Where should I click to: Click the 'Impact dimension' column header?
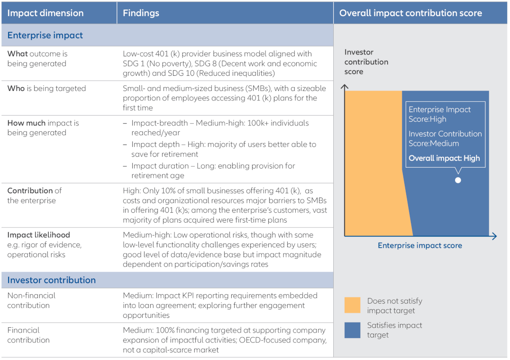click(x=46, y=13)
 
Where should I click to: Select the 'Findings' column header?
click(x=141, y=13)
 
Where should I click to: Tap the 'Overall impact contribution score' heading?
click(x=410, y=13)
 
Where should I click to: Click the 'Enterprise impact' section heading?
click(x=45, y=36)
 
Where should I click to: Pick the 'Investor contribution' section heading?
click(x=51, y=280)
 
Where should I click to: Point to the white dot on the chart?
click(x=458, y=180)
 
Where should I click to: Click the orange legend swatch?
click(x=352, y=306)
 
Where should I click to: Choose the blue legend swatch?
click(x=352, y=330)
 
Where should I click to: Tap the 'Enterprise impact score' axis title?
click(x=419, y=245)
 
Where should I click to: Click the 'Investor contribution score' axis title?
click(x=366, y=62)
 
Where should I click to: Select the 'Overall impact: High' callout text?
click(x=444, y=158)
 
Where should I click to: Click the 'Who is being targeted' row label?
click(x=46, y=89)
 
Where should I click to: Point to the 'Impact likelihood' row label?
click(x=38, y=235)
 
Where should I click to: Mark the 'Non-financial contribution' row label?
click(x=31, y=300)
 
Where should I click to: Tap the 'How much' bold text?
click(x=26, y=123)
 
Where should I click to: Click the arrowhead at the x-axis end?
click(x=494, y=236)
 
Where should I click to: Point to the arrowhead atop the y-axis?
click(x=345, y=87)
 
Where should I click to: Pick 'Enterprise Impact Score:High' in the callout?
click(x=439, y=114)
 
